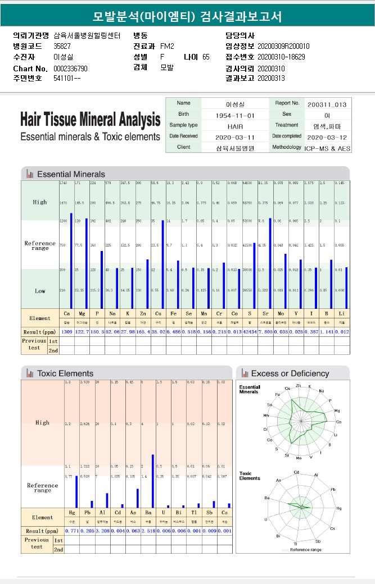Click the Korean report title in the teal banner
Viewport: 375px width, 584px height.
187,16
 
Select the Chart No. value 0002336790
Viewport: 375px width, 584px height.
70,68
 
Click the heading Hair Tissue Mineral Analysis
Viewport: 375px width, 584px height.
90,120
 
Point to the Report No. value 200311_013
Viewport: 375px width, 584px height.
327,104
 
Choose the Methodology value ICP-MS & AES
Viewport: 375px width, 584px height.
327,148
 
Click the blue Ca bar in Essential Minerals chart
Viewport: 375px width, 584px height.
71,261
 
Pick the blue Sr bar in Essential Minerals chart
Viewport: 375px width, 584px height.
270,263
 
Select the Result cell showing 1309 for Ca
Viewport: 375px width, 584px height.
67,332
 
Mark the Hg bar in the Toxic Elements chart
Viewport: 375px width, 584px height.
76,491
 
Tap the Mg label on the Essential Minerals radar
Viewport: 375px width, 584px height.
337,410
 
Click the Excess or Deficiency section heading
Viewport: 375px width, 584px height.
290,373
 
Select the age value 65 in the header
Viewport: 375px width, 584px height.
206,57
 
